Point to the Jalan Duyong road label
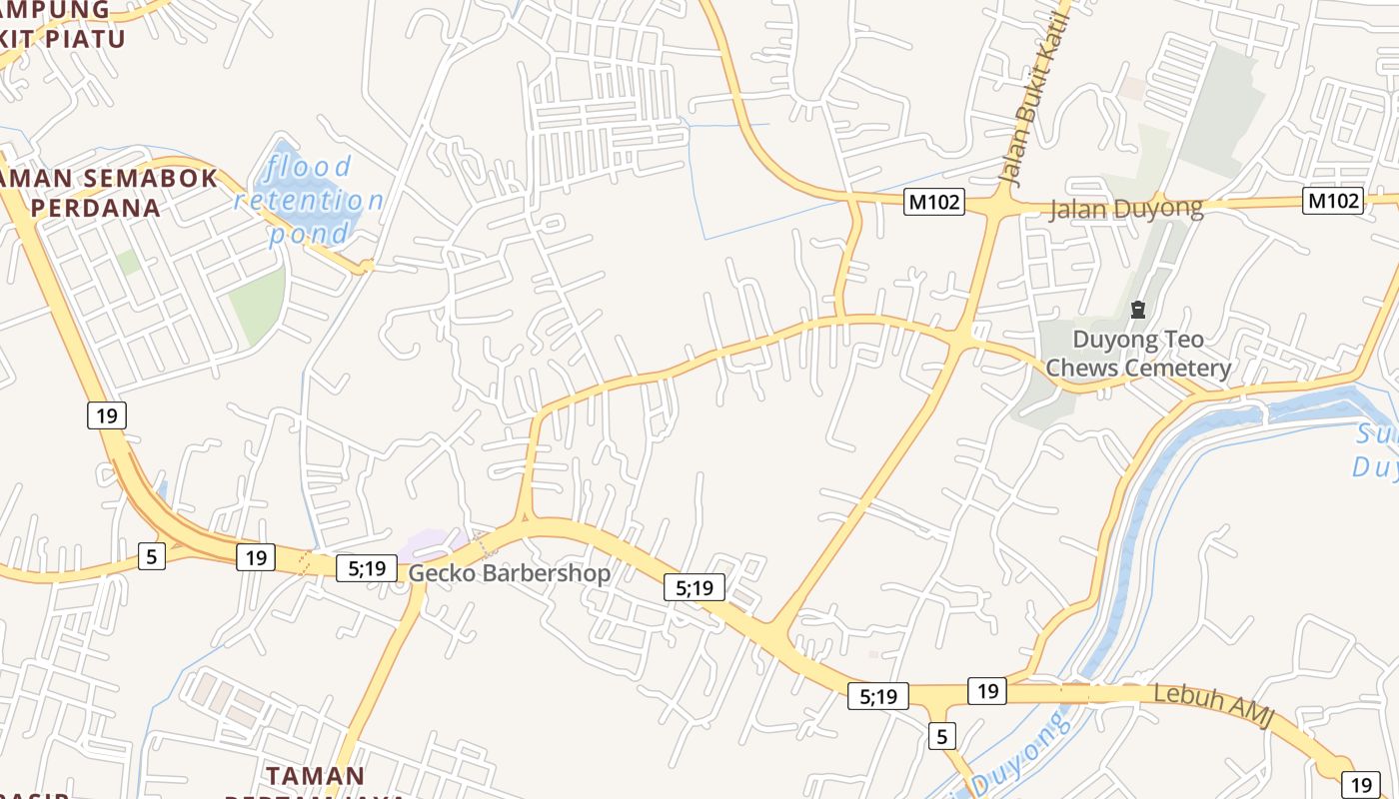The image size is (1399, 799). click(x=1126, y=209)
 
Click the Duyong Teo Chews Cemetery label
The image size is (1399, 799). click(x=1137, y=354)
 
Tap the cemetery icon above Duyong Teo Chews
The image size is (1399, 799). click(x=1137, y=310)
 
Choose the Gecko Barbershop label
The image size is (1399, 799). click(x=509, y=573)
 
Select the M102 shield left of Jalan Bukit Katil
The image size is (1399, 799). click(x=933, y=202)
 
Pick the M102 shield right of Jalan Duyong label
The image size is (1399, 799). click(x=1333, y=201)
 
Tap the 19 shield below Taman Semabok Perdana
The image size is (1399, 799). click(x=107, y=414)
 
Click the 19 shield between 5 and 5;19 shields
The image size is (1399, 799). click(x=256, y=557)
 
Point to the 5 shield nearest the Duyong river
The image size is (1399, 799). click(x=941, y=737)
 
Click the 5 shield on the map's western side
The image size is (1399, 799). click(x=151, y=556)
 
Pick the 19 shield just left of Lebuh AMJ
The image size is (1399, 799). click(x=987, y=690)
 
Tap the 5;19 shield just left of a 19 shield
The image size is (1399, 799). click(x=877, y=696)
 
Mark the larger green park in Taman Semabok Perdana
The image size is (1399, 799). click(x=258, y=305)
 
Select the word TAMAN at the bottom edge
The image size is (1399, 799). click(x=315, y=776)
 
